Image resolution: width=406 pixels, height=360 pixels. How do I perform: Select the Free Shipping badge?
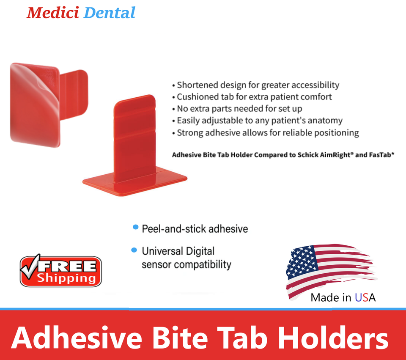pos(61,271)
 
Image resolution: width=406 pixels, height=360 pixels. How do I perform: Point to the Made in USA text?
pos(343,297)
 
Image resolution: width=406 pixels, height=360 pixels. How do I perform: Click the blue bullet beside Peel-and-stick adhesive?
pos(135,227)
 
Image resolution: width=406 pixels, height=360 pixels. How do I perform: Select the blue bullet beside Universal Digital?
pos(134,250)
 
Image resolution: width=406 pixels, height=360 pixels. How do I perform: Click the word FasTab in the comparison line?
pos(379,155)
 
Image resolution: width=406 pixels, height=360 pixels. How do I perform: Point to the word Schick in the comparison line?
pos(301,155)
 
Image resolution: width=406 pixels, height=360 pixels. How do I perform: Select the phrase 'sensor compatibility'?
pos(187,265)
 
